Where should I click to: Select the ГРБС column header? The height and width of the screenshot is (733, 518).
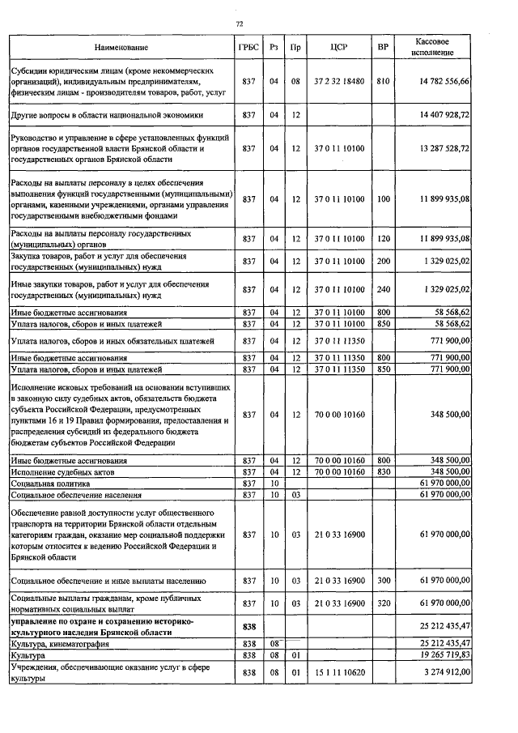(x=248, y=48)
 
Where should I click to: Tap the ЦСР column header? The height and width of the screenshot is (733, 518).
(x=339, y=48)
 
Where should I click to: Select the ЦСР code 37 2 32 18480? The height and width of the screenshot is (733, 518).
(x=339, y=82)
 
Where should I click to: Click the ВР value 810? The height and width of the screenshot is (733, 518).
(x=383, y=82)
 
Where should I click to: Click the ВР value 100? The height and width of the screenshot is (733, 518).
(x=383, y=199)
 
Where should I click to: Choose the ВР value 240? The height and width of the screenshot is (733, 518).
(x=383, y=289)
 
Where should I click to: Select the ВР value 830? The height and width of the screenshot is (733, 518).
(x=383, y=471)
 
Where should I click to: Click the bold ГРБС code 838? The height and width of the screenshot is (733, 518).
(x=248, y=627)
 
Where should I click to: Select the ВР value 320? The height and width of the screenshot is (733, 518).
(x=383, y=603)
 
